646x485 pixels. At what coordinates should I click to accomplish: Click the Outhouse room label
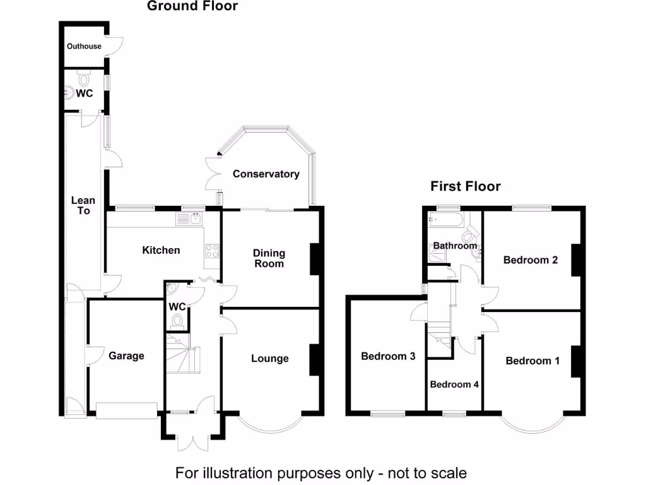pos(84,46)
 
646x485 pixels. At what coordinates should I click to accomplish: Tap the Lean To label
pos(84,205)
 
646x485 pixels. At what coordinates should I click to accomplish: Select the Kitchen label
pos(161,250)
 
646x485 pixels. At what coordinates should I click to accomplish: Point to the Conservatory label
pos(266,174)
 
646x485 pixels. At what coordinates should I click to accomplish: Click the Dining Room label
pos(269,258)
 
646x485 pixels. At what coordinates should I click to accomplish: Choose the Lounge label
pos(270,359)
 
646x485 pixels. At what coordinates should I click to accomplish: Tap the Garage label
pos(126,356)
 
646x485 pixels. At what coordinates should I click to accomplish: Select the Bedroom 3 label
pos(388,356)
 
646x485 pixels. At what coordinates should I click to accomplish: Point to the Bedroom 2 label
pos(531,260)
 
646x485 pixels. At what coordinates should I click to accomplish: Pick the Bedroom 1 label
pos(532,361)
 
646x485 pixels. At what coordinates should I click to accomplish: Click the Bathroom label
pos(455,246)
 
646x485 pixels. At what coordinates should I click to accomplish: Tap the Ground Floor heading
pos(192,6)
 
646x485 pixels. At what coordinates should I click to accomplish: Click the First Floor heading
pos(466,186)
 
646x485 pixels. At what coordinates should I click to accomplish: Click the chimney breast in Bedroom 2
pos(575,260)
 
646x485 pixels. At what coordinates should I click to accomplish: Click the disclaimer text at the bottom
pos(321,472)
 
